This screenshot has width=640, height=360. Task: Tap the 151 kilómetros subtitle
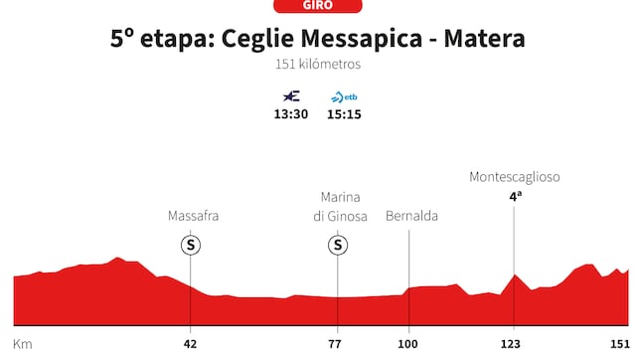tap(318, 65)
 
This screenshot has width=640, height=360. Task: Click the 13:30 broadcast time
tap(291, 113)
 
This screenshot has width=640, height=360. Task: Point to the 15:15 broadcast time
tap(345, 113)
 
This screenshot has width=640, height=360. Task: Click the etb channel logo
tap(345, 96)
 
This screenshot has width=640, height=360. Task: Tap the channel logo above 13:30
tap(291, 96)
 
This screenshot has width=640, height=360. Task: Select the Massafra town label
tap(193, 215)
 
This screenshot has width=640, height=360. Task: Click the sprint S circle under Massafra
tap(190, 245)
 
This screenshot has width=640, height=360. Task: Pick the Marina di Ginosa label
tap(340, 206)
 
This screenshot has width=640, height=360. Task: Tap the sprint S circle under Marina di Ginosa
tap(338, 245)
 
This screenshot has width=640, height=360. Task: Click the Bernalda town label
tap(411, 215)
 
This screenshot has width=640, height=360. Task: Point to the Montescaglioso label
tap(515, 177)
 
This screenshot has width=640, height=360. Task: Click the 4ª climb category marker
tap(515, 197)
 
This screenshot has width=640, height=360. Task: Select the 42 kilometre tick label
tap(190, 343)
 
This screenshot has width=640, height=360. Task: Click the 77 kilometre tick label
tap(336, 343)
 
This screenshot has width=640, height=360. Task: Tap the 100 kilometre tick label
tap(408, 343)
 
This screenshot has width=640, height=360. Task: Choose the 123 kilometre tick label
tap(514, 343)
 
